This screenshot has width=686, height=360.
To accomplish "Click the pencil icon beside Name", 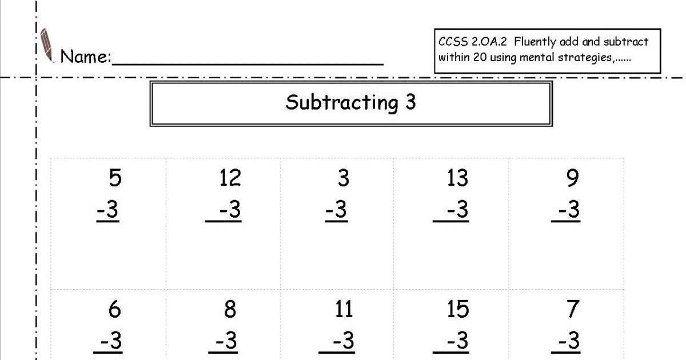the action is (47, 45).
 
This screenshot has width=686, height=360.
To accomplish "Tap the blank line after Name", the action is (248, 64).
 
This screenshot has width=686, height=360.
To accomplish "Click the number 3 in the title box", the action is (410, 102).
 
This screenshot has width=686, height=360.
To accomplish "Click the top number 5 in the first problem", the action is (115, 178).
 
